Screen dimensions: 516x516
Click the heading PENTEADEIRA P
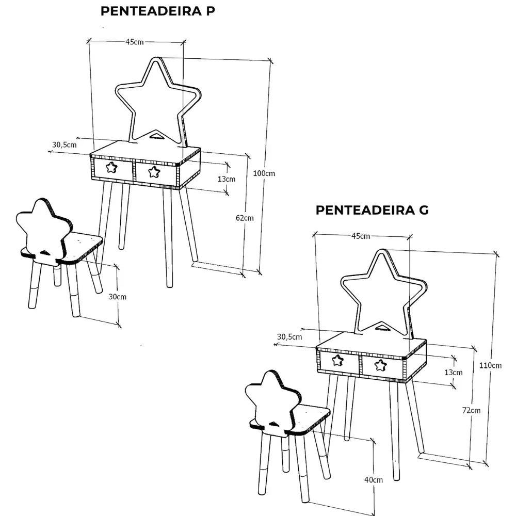click(157, 11)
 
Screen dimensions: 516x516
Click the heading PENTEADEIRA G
click(372, 210)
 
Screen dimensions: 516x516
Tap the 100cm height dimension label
click(264, 173)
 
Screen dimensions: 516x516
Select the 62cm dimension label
click(245, 218)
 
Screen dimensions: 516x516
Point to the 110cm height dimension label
click(490, 366)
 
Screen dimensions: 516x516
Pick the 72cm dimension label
click(471, 411)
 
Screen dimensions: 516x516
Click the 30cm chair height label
click(117, 297)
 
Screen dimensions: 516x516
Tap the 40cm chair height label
click(374, 480)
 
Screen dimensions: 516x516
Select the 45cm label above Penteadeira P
click(135, 42)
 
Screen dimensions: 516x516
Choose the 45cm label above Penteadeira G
click(361, 236)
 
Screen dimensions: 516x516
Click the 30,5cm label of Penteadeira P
click(64, 145)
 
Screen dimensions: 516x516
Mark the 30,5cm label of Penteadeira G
click(289, 337)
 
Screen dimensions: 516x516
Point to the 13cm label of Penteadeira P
click(227, 179)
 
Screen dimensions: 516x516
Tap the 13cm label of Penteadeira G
click(454, 372)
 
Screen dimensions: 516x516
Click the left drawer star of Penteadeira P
click(111, 167)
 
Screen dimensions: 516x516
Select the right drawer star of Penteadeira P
click(154, 172)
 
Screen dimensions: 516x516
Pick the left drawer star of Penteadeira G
click(337, 360)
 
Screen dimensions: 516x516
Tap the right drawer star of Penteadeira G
click(381, 365)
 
